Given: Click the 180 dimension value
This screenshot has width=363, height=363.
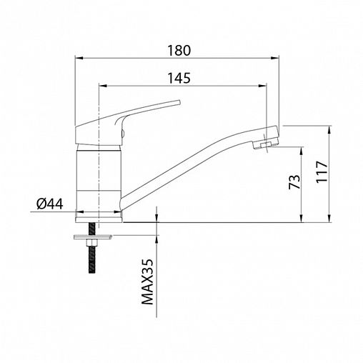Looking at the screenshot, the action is tap(179, 51).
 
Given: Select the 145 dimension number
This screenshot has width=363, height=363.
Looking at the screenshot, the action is tap(179, 78).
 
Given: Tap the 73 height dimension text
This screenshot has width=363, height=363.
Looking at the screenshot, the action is tap(294, 182).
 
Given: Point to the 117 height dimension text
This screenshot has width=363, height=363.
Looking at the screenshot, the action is tap(322, 171).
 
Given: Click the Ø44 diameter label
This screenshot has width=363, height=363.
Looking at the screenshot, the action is tap(50, 204).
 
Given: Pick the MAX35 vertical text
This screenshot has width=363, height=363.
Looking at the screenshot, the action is tap(147, 282).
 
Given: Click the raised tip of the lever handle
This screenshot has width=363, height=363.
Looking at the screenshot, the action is tap(179, 102).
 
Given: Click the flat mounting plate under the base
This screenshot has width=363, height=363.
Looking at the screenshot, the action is tap(93, 237).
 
